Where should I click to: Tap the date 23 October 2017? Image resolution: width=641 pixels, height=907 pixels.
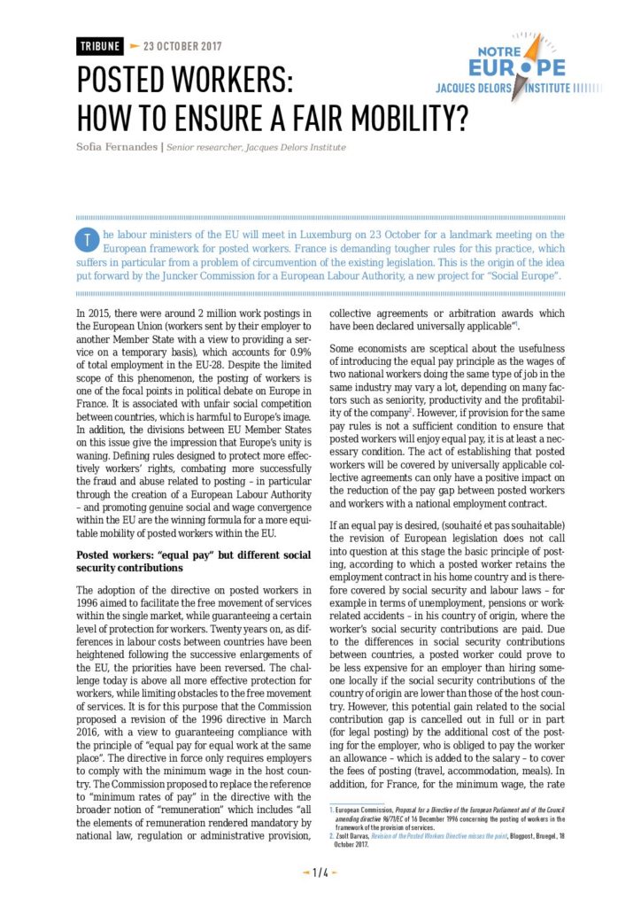182,46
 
